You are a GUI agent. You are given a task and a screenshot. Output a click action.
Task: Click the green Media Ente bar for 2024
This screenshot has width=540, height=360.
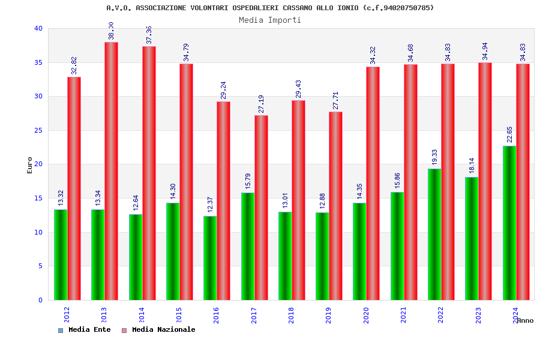pos(509,223)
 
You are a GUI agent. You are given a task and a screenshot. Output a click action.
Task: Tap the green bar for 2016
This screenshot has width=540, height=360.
pos(210,258)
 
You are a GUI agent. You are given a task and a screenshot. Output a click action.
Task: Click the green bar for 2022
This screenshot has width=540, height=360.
pos(434,234)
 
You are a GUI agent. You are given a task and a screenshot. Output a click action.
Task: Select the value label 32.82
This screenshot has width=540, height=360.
pos(74,65)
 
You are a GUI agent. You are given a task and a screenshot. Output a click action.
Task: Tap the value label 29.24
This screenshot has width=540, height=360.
pos(223,90)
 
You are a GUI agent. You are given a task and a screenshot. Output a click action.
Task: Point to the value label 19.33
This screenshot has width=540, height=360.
pos(434,157)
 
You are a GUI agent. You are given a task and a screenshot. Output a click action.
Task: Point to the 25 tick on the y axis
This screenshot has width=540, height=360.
pos(38,130)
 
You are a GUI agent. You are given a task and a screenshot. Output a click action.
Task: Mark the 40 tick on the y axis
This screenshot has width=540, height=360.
pos(38,28)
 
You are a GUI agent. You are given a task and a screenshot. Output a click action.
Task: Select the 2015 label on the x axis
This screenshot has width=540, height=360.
pos(179,316)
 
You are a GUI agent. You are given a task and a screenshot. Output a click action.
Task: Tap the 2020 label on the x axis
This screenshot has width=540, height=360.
pos(366,316)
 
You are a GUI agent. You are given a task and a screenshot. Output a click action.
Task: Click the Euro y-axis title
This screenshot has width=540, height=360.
pos(30,165)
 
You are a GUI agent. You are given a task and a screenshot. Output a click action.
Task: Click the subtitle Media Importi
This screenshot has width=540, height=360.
pos(270,20)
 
